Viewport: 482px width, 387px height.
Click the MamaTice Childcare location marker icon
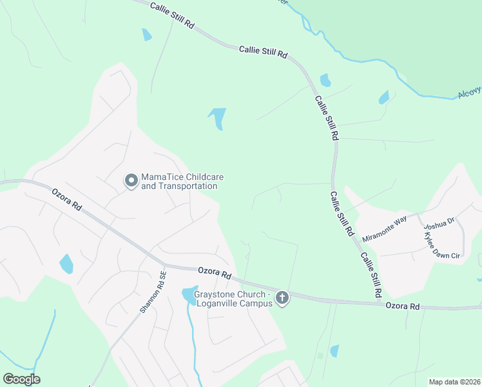click(x=131, y=181)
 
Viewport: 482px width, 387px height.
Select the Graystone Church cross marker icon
click(x=282, y=298)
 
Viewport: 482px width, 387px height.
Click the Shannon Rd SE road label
click(x=153, y=291)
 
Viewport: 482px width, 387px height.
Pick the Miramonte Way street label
click(x=384, y=229)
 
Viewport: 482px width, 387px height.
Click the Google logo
click(x=21, y=379)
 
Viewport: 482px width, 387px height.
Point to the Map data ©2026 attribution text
click(x=454, y=382)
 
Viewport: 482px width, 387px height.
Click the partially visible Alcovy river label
click(x=469, y=94)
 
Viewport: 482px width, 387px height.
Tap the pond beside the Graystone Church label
click(x=189, y=295)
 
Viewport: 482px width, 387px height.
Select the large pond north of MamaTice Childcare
click(x=218, y=117)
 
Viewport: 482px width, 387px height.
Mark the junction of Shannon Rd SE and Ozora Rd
click(x=164, y=266)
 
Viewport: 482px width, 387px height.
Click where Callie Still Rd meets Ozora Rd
click(x=378, y=301)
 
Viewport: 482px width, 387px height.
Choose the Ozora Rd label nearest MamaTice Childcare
click(x=67, y=199)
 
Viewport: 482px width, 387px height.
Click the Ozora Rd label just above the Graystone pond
click(x=215, y=273)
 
